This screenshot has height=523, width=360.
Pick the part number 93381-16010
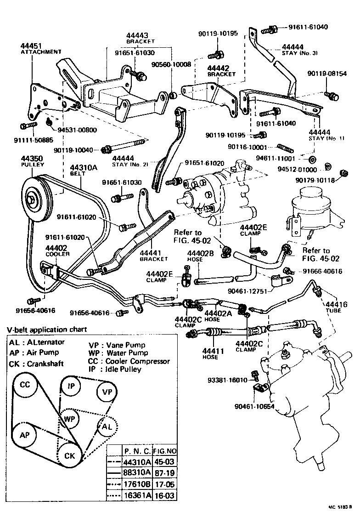point(227,380)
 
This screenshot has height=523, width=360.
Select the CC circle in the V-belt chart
point(25,385)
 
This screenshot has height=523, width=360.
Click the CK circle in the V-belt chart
point(70,455)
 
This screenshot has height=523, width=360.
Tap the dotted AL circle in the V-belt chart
point(106,427)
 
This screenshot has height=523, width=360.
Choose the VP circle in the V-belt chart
point(107,392)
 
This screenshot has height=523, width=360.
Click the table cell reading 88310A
point(136,472)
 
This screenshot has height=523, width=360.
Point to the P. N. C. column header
point(136,451)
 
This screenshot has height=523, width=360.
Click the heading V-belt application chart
point(46,330)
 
